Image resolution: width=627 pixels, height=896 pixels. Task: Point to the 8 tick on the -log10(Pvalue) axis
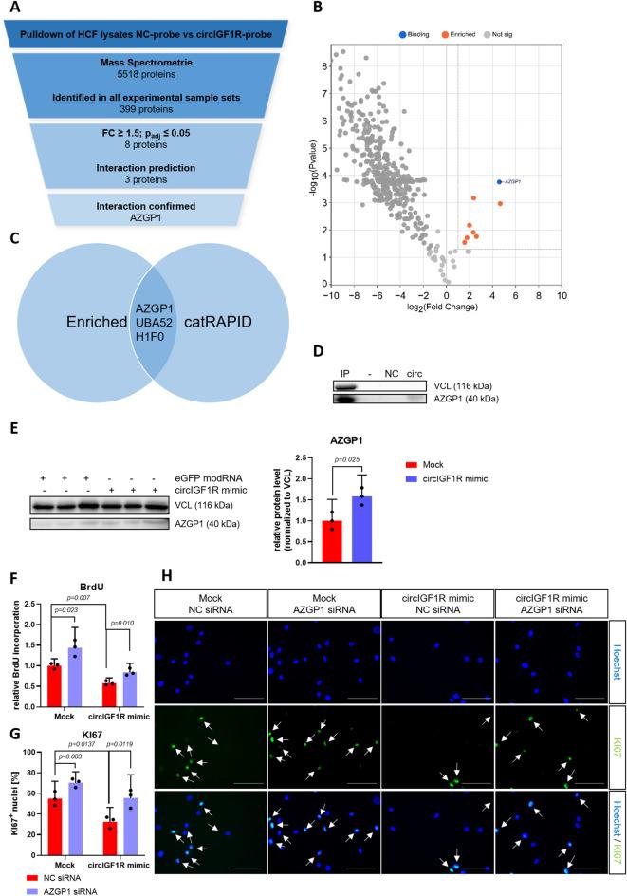pyautogui.click(x=323, y=66)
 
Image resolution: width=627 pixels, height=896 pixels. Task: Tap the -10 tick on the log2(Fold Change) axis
pyautogui.click(x=331, y=295)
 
